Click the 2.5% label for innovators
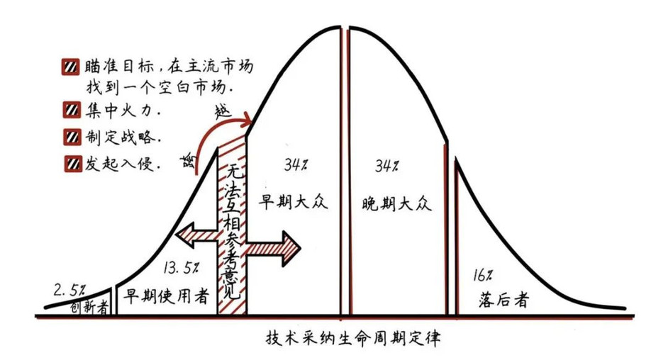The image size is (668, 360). (69, 291)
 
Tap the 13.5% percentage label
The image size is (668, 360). (181, 267)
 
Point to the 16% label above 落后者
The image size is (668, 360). (482, 276)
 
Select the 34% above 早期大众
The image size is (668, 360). (296, 164)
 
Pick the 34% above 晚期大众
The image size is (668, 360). (386, 166)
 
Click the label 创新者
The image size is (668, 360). (89, 307)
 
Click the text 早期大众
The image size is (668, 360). (293, 202)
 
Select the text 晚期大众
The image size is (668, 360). (396, 203)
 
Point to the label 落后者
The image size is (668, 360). (503, 300)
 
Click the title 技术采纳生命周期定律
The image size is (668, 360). (353, 338)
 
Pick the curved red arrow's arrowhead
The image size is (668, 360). (247, 122)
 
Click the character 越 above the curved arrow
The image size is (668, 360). (223, 111)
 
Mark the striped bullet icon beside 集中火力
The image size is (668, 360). (71, 111)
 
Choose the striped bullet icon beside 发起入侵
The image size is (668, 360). (73, 164)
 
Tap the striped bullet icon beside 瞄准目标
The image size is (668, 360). (70, 67)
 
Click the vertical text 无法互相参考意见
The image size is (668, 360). (233, 232)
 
